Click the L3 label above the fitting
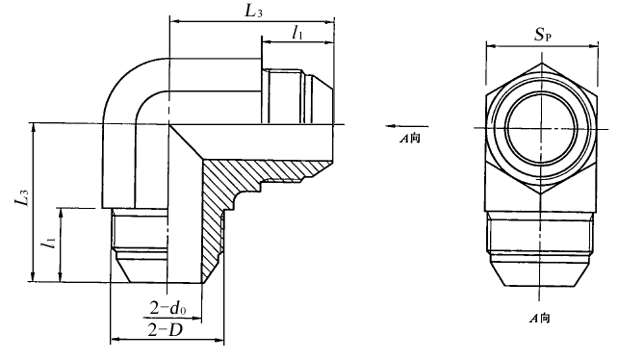(253, 11)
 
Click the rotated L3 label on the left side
(22, 197)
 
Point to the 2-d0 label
(168, 308)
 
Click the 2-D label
(166, 329)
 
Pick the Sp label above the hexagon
(542, 35)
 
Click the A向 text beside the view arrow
(410, 139)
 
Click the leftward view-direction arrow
(406, 126)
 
